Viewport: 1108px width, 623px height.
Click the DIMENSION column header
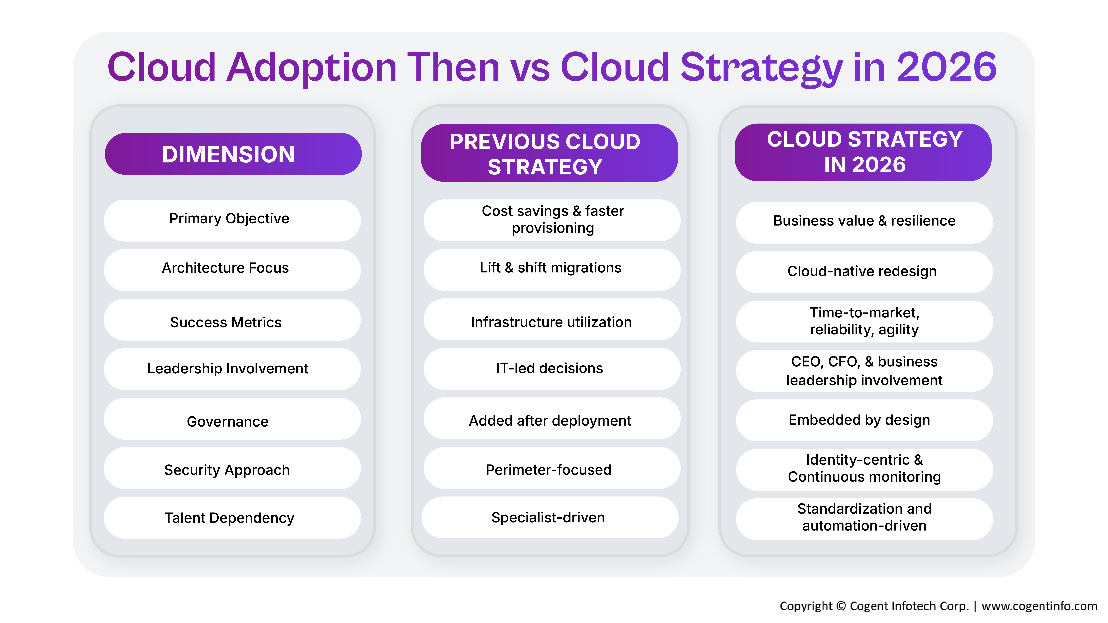pos(233,154)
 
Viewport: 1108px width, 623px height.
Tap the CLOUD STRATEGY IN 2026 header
pos(863,152)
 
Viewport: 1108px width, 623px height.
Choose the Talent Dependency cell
pos(232,518)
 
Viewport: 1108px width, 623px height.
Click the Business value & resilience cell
pos(864,222)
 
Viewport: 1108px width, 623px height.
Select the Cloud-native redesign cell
pos(864,272)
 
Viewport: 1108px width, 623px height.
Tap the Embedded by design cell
pos(864,420)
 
